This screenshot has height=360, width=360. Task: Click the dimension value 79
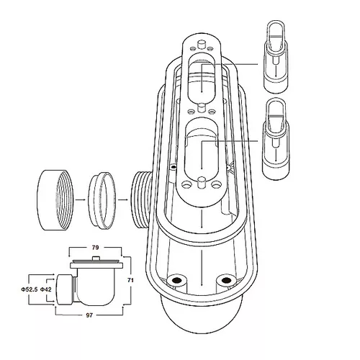click(x=95, y=248)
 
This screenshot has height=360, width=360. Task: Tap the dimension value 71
click(x=130, y=280)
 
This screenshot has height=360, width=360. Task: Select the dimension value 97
click(x=89, y=315)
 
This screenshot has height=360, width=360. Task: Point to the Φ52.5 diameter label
click(x=30, y=289)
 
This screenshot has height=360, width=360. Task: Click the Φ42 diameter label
click(x=45, y=289)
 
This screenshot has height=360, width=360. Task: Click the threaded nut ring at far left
click(x=55, y=200)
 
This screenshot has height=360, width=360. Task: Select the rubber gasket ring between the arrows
click(x=102, y=200)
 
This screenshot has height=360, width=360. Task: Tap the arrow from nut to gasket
click(x=81, y=199)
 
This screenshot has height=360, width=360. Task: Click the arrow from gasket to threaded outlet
click(x=122, y=199)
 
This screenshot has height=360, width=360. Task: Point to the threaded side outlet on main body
click(x=142, y=200)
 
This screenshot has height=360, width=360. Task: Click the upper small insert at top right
click(x=276, y=57)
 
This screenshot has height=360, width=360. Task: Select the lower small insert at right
click(x=276, y=139)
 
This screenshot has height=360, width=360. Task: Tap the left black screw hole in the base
click(x=178, y=280)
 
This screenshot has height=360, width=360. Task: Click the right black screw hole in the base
click(x=225, y=280)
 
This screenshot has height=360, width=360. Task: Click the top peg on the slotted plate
click(x=201, y=45)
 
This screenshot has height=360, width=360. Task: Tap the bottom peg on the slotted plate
click(x=202, y=184)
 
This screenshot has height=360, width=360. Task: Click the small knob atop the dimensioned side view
click(x=96, y=258)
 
